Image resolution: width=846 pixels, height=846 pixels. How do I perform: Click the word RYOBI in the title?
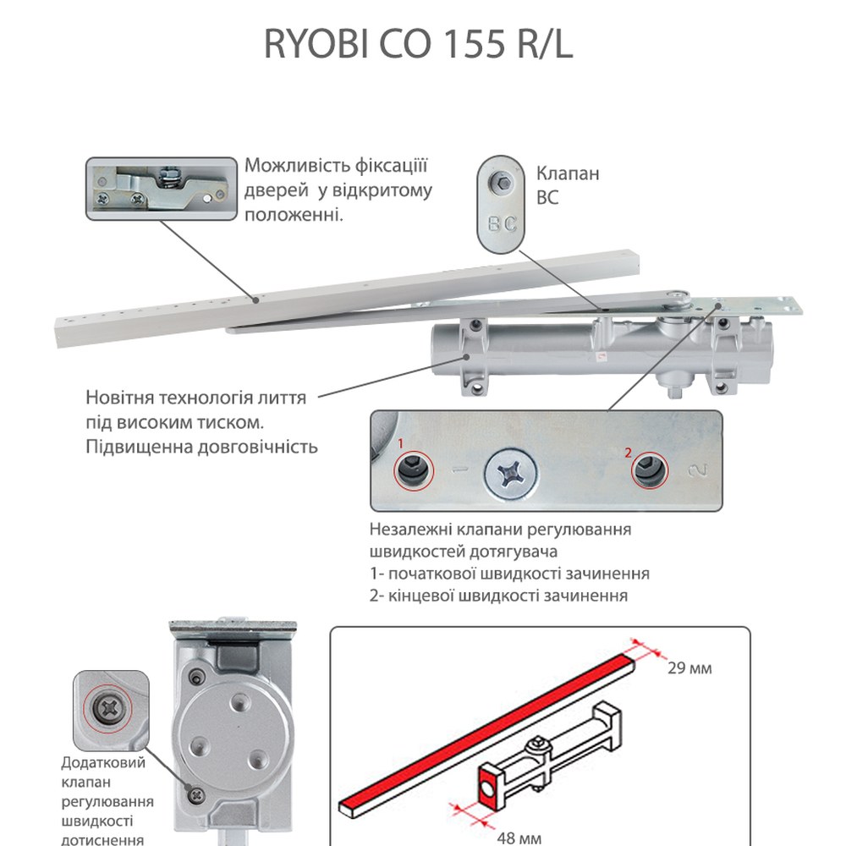(316, 44)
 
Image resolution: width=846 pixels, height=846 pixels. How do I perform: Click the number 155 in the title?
(474, 44)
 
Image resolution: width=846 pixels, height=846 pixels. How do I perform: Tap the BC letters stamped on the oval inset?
(502, 223)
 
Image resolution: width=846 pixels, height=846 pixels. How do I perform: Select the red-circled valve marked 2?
(649, 470)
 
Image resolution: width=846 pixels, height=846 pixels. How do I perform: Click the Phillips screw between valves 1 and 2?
(510, 475)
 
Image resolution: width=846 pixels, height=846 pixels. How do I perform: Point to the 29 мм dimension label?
(689, 668)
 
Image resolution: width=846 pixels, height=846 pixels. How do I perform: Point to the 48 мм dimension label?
(519, 838)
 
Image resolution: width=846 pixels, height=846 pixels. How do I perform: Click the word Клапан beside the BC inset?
(568, 173)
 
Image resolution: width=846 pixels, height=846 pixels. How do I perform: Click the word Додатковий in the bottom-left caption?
(103, 763)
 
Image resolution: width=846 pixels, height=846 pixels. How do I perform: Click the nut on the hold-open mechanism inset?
(166, 175)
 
